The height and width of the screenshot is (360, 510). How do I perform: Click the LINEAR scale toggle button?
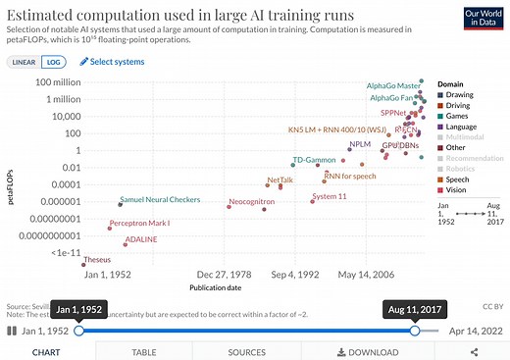(x=24, y=62)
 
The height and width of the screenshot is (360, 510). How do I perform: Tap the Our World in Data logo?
(x=478, y=18)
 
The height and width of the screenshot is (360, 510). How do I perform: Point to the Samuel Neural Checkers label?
(x=162, y=200)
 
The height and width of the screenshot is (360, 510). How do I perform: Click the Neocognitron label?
(x=252, y=201)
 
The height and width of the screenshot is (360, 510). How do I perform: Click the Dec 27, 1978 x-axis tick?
(x=223, y=275)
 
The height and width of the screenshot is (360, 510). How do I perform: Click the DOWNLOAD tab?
(x=372, y=352)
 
